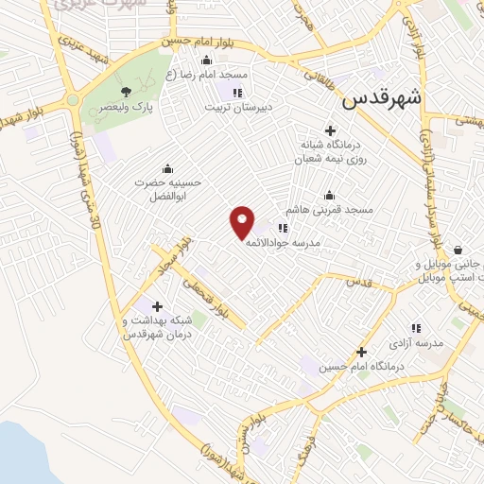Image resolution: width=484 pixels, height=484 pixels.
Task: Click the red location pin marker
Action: coord(243,221)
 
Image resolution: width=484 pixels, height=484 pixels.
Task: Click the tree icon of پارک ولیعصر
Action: coord(126,92)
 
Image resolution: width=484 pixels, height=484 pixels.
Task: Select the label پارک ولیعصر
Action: coord(127,108)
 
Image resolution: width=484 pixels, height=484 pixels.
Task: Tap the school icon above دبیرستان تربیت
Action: coord(237,93)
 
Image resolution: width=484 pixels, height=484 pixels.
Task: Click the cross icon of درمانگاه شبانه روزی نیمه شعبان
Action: coord(329,130)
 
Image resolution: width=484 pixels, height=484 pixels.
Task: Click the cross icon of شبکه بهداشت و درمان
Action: coord(157,306)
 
